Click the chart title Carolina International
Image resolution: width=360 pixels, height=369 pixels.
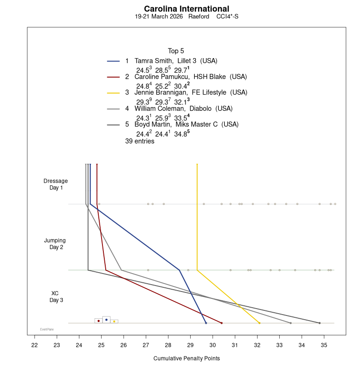186,9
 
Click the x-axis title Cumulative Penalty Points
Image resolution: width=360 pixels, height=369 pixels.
186,358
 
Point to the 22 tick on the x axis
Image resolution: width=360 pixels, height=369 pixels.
35,344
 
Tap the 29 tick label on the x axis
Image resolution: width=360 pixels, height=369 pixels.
191,344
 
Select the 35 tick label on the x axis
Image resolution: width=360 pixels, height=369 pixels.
324,344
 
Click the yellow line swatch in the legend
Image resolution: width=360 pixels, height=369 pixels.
114,93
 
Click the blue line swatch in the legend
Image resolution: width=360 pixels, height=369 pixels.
114,61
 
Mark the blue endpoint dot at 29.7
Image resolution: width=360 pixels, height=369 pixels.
206,323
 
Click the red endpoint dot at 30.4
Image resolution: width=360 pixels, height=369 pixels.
222,323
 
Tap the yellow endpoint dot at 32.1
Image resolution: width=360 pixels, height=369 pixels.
259,323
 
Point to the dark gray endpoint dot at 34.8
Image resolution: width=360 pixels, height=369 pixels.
319,323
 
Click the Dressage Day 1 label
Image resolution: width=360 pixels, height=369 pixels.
55,184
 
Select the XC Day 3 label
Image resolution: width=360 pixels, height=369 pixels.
55,297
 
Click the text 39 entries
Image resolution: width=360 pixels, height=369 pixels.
140,142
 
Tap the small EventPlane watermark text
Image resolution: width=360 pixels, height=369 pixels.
47,329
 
